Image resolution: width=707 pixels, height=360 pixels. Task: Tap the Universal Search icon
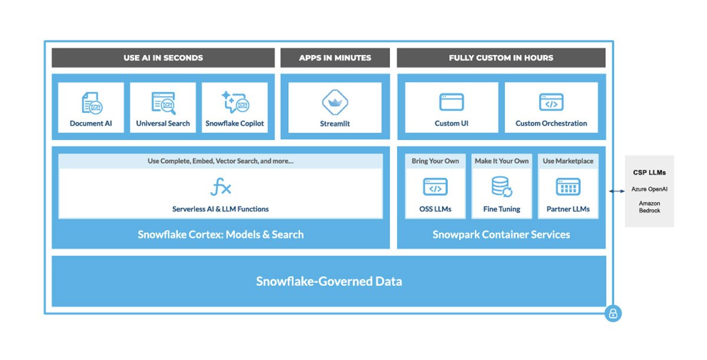[163, 103]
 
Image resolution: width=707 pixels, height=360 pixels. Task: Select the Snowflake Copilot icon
[235, 102]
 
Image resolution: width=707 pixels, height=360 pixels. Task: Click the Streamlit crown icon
[335, 103]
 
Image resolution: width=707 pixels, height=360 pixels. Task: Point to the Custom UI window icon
[451, 103]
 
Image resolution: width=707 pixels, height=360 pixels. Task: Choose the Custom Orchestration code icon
[551, 103]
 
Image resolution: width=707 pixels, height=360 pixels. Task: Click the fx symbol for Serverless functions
[220, 188]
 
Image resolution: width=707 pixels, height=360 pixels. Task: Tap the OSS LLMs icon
[435, 187]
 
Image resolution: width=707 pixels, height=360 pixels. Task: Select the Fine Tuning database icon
[502, 187]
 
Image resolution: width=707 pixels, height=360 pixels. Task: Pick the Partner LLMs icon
[568, 187]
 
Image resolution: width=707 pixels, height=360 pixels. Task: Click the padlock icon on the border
[613, 314]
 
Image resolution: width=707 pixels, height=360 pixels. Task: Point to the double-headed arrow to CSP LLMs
[616, 191]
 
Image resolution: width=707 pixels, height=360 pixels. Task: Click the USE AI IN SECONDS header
[163, 58]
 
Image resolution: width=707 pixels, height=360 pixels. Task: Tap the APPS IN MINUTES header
[335, 58]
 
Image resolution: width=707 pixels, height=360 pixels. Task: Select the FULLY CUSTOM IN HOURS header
[501, 58]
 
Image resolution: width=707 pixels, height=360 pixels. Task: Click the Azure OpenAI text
[649, 189]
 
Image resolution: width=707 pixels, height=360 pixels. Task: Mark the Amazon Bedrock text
[649, 207]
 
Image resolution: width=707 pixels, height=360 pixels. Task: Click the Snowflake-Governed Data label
[329, 281]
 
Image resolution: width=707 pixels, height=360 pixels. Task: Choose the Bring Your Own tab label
[435, 161]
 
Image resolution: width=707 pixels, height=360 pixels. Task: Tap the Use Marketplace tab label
[568, 161]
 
